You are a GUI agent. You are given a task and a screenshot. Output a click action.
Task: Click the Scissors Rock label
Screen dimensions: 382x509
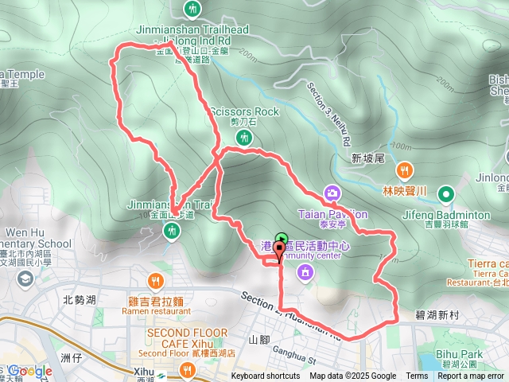coord(244,112)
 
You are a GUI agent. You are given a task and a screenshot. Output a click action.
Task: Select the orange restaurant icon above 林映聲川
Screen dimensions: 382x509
coord(404,169)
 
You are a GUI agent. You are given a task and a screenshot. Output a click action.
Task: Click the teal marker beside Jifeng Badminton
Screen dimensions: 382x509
coord(445,193)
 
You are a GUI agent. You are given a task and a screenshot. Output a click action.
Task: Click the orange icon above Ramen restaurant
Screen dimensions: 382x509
coord(154,280)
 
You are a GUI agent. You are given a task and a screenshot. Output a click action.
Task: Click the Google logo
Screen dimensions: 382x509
coord(30,371)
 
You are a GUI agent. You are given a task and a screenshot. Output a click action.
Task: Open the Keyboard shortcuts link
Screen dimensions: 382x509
coord(266,376)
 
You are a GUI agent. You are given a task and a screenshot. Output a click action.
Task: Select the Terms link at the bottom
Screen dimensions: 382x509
coord(417,376)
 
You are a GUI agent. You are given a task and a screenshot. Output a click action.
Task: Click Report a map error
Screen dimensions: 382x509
coord(471,376)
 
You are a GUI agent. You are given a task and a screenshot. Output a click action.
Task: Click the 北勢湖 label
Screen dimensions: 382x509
coord(80,300)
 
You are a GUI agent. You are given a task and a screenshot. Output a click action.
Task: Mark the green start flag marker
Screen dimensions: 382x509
coord(281,238)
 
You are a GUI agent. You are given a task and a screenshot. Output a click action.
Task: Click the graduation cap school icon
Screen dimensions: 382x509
coord(25,279)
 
